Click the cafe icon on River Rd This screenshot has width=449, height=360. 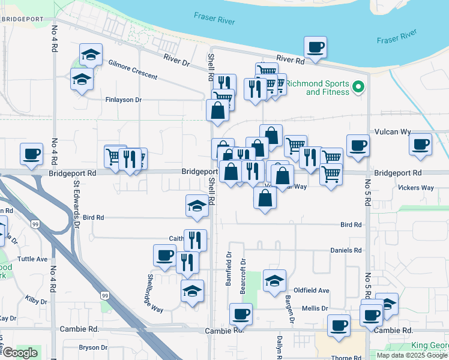click(315, 47)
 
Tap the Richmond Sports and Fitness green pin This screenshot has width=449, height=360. click(359, 88)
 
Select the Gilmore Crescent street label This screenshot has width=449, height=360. click(133, 70)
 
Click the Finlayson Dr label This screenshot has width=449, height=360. click(123, 100)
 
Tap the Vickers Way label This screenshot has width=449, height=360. click(415, 187)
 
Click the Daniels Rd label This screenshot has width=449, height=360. click(346, 250)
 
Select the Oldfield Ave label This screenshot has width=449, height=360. click(315, 290)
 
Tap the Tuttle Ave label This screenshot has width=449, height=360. click(32, 259)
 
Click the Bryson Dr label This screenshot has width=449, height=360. click(92, 347)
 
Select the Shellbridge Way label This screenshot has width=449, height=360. click(155, 293)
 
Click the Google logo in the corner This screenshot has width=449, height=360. click(20, 353)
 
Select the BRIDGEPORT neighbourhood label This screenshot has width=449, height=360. click(22, 19)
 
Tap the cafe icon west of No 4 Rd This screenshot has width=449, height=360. click(31, 153)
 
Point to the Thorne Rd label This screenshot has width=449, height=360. click(346, 358)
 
